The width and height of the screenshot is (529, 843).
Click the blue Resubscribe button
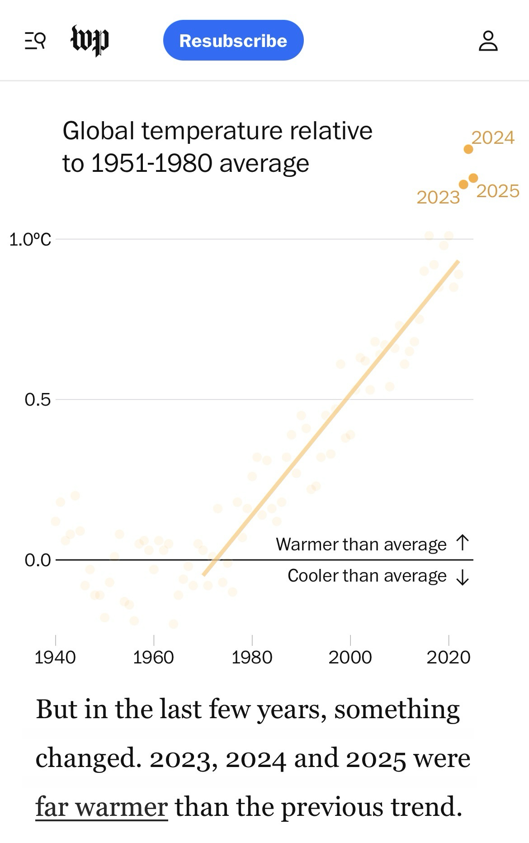tap(233, 41)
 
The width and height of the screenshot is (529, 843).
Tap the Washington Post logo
tap(90, 41)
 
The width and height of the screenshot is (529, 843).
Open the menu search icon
tap(35, 41)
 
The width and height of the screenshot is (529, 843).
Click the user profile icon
tap(488, 41)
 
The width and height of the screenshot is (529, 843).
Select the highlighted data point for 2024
tap(468, 149)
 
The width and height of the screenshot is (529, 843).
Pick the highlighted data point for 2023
tap(463, 185)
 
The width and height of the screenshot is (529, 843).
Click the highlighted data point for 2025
tap(473, 178)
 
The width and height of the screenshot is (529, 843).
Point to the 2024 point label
tap(493, 137)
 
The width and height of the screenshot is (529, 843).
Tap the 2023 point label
tap(438, 197)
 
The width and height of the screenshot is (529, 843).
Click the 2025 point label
tap(498, 191)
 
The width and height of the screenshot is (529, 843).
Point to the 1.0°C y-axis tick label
tap(30, 239)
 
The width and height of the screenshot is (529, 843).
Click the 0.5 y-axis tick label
tap(38, 400)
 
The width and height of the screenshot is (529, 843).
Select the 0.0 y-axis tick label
tap(38, 560)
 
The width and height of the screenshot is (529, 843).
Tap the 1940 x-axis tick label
tap(55, 657)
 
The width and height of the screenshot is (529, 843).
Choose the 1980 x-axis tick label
tap(252, 657)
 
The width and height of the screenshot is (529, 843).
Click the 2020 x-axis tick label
tap(449, 657)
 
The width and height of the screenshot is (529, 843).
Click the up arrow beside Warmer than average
tap(463, 543)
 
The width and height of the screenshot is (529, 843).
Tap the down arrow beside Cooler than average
tap(463, 577)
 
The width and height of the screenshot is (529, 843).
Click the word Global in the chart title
tap(98, 131)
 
